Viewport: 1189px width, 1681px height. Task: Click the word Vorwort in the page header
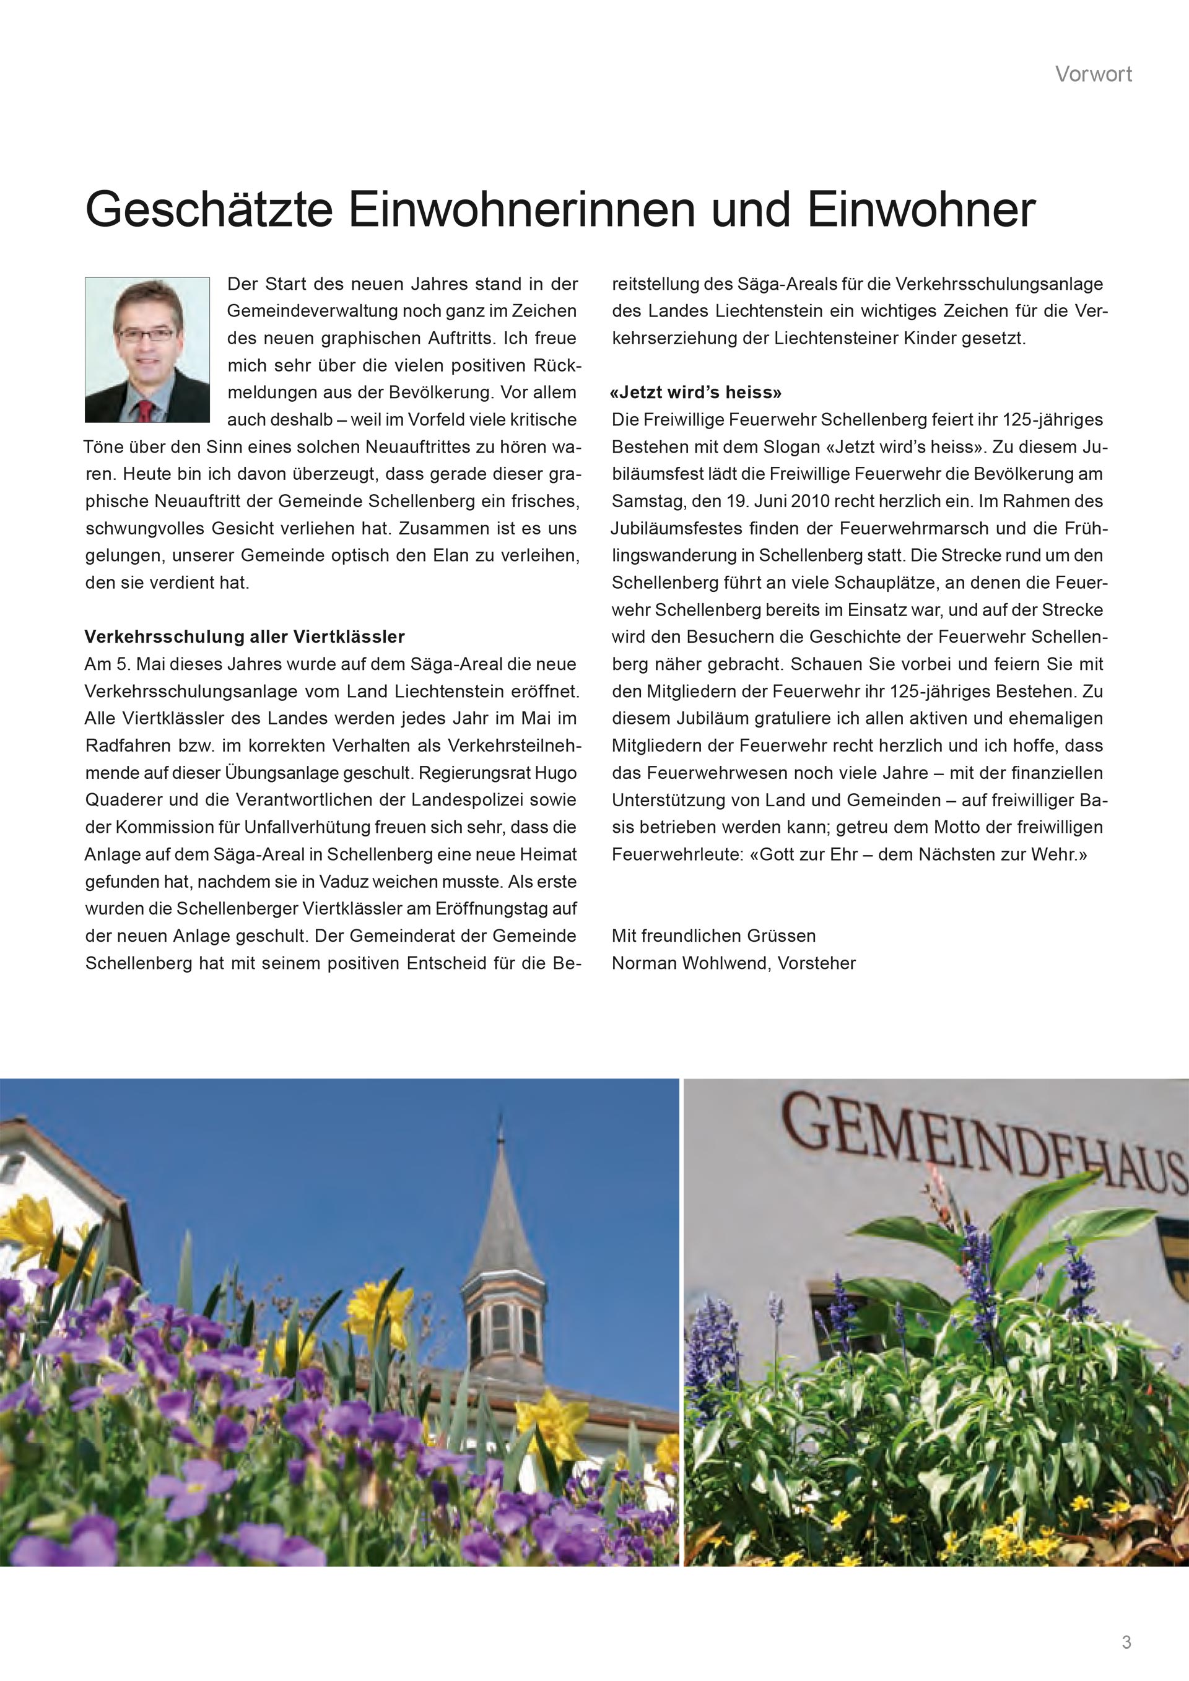tap(1093, 74)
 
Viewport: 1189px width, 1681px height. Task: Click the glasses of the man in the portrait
tap(146, 334)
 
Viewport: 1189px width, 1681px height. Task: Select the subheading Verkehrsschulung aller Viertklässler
tap(245, 637)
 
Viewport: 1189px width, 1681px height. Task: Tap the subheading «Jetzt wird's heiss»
tap(695, 393)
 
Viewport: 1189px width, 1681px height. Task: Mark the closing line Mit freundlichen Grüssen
tap(714, 936)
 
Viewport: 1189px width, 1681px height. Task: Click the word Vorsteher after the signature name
tap(816, 963)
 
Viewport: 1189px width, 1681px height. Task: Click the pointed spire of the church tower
tap(502, 1201)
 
